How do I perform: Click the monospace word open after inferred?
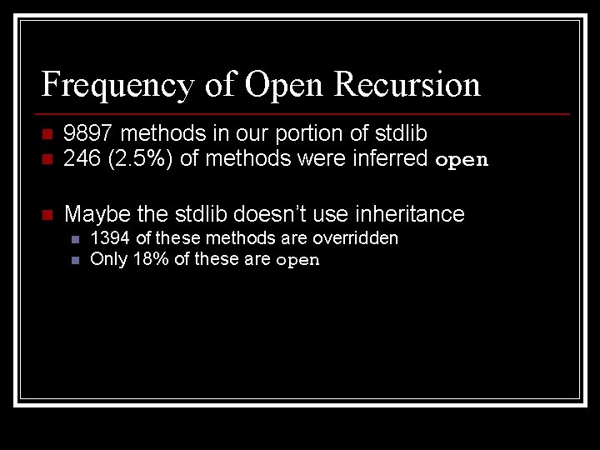click(x=462, y=160)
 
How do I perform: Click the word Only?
click(x=107, y=258)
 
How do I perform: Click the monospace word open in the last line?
click(x=297, y=260)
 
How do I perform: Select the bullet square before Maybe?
click(x=47, y=215)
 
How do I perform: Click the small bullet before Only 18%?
click(x=74, y=259)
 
